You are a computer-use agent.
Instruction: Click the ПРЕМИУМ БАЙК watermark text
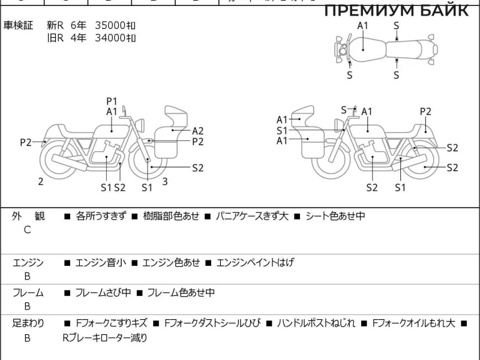pyautogui.click(x=397, y=10)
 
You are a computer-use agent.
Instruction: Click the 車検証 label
pyautogui.click(x=19, y=25)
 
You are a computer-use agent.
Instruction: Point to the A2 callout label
pyautogui.click(x=198, y=131)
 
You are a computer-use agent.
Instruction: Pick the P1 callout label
pyautogui.click(x=112, y=101)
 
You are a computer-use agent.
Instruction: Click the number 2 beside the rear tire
pyautogui.click(x=41, y=181)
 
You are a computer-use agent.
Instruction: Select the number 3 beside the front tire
pyautogui.click(x=165, y=181)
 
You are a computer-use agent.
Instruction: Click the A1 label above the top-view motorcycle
pyautogui.click(x=363, y=25)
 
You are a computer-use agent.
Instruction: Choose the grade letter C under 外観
pyautogui.click(x=27, y=229)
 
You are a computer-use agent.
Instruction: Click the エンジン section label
pyautogui.click(x=28, y=262)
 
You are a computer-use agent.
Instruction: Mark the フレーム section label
pyautogui.click(x=28, y=293)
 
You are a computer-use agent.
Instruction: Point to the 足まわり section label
pyautogui.click(x=28, y=323)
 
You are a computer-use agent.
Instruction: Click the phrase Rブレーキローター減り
pyautogui.click(x=104, y=338)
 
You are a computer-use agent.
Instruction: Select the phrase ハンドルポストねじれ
pyautogui.click(x=316, y=323)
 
